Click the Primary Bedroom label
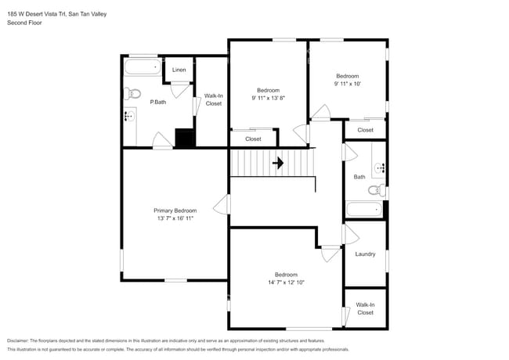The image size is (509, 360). [175, 211]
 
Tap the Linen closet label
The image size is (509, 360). [179, 70]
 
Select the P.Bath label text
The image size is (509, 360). [158, 102]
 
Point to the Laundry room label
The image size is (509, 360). [365, 254]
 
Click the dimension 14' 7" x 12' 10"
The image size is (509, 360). [286, 283]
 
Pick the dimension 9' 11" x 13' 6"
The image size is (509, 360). [268, 98]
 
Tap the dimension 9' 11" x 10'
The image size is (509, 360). [347, 83]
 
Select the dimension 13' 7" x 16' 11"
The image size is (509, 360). [175, 218]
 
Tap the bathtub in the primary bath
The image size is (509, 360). [143, 68]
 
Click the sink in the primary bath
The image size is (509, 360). [130, 117]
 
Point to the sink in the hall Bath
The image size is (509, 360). [380, 167]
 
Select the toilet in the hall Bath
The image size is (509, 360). [377, 190]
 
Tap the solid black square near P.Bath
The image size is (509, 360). [184, 139]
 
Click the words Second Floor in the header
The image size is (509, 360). [24, 23]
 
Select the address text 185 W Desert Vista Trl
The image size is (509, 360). [36, 13]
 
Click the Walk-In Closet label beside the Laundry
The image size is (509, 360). [365, 308]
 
